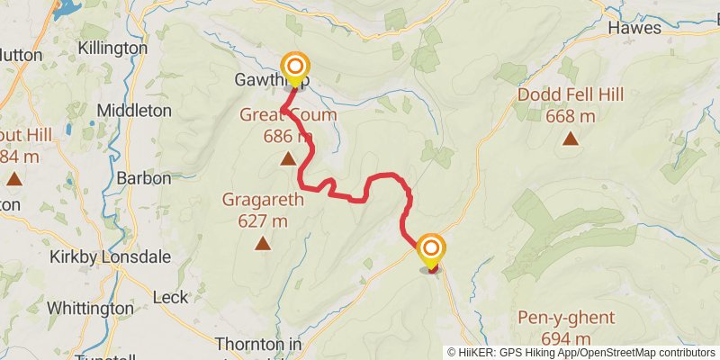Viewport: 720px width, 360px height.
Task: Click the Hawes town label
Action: pos(635,28)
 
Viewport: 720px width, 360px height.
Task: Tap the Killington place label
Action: pos(112,48)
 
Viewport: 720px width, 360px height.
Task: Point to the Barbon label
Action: pos(144,178)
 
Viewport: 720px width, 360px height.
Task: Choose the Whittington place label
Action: pos(90,308)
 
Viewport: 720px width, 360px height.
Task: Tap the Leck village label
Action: pos(171,297)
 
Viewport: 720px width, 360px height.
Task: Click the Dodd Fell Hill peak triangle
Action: pos(570,139)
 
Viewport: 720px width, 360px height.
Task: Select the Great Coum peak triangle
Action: pos(287,159)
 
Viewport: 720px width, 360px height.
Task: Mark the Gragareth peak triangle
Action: pos(262,242)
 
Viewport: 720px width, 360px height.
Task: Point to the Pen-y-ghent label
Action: pos(566,318)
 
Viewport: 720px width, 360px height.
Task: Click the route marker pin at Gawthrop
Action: pos(294,67)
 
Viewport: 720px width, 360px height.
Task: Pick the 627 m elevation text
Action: pos(263,220)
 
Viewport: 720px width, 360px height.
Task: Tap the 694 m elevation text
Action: pos(566,338)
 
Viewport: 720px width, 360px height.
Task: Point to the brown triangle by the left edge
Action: pos(13,178)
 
